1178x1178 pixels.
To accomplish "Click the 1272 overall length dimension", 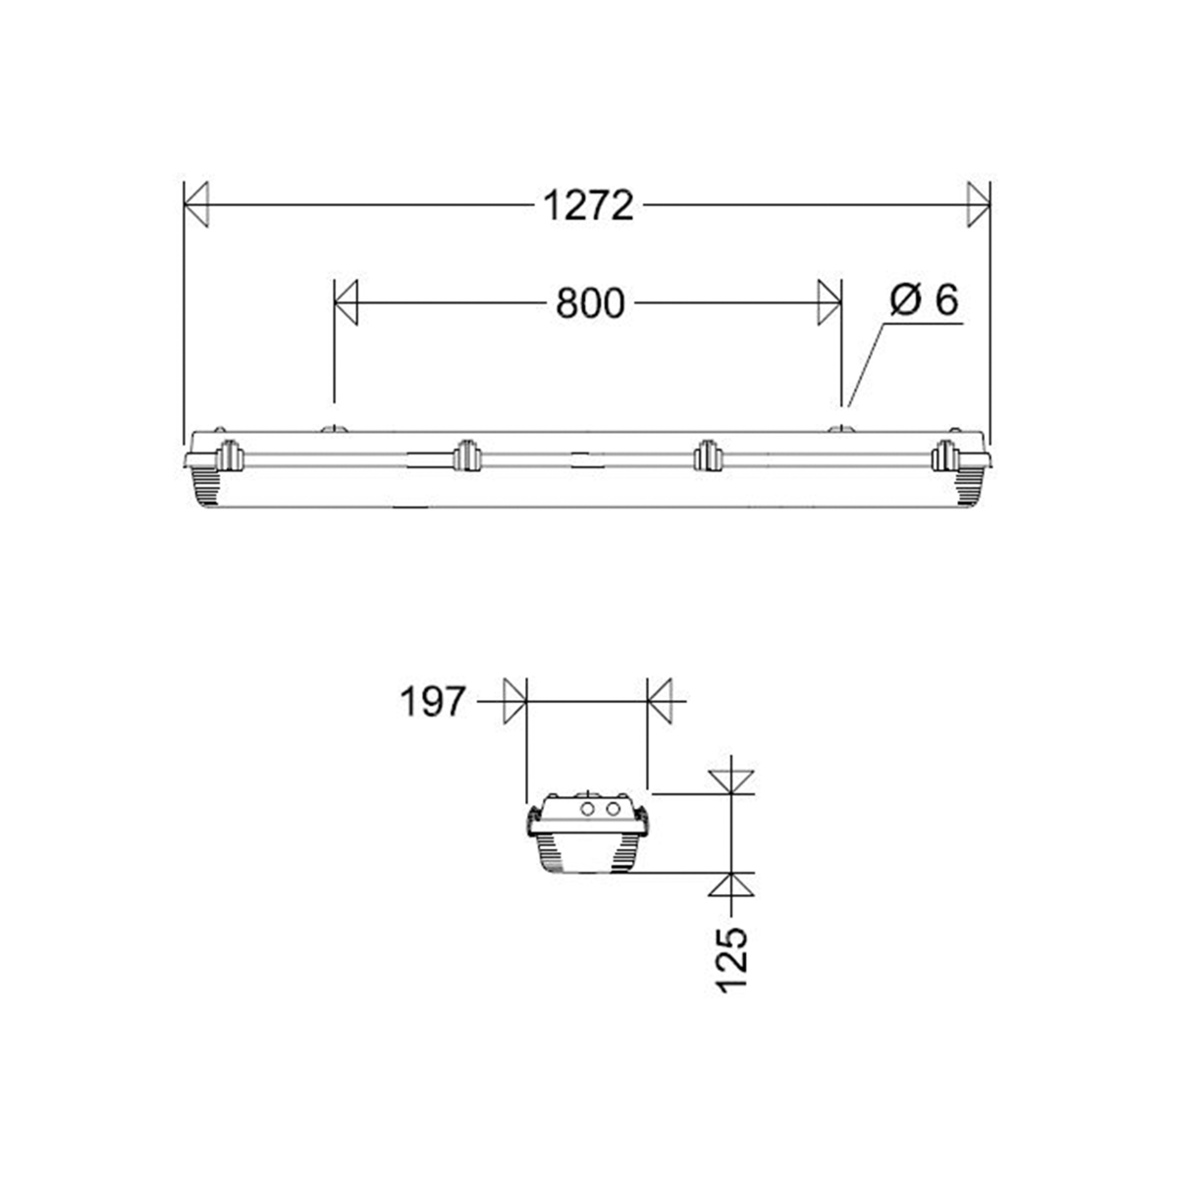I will (588, 205).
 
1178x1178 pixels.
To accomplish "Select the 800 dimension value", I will (589, 303).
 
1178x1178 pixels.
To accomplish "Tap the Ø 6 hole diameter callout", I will (924, 300).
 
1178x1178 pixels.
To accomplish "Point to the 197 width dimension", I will (431, 702).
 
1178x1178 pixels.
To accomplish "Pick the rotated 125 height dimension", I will (732, 959).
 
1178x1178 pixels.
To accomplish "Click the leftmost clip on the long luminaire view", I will (229, 456).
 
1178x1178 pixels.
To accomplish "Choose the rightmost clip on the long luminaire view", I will (946, 456).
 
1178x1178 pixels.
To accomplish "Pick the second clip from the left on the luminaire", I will (465, 456).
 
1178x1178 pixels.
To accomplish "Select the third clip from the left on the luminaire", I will (707, 456).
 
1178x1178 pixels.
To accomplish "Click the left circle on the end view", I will (588, 809).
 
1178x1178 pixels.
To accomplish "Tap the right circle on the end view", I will (613, 809).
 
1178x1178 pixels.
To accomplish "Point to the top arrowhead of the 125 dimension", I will (732, 780).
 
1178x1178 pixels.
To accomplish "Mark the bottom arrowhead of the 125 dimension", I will (732, 884).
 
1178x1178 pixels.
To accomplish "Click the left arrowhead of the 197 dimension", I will (515, 701).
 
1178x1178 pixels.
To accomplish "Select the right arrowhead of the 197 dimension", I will (659, 701).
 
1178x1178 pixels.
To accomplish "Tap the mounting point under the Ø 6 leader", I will (839, 430).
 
